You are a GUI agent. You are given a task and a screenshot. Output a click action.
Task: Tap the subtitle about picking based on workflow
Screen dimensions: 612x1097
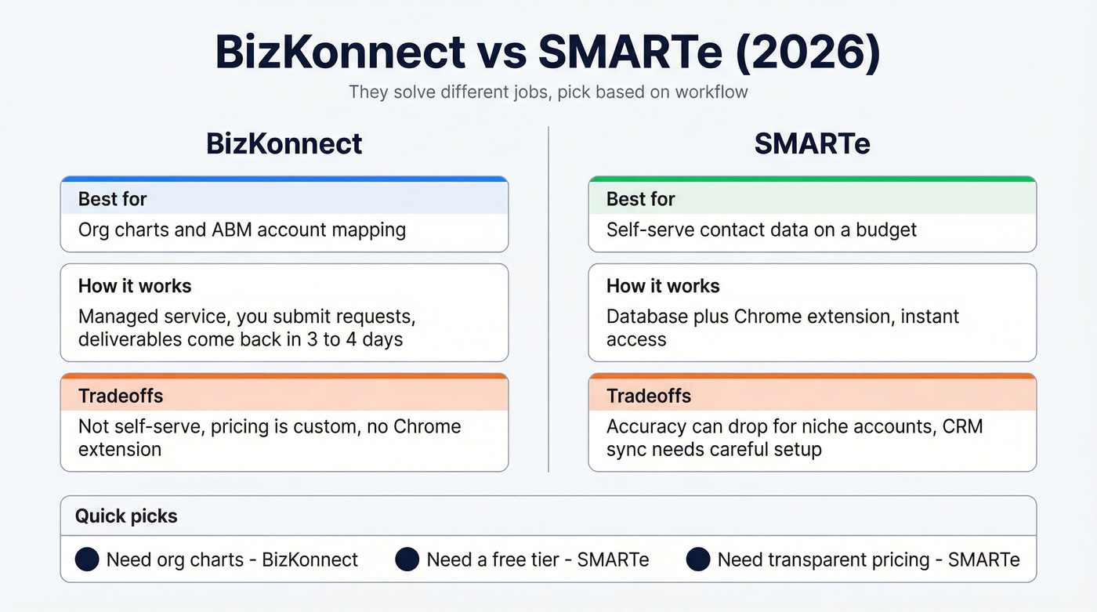[548, 92]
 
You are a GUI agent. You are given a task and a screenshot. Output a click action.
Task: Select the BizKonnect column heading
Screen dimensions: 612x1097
[284, 143]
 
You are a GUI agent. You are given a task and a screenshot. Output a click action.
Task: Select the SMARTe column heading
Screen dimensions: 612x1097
[812, 143]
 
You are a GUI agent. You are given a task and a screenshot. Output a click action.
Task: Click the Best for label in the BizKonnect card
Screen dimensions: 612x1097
[112, 199]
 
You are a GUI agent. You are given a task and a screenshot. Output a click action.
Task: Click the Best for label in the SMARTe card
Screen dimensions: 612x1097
[640, 199]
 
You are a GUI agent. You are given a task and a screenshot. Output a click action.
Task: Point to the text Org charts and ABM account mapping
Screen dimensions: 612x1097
[242, 230]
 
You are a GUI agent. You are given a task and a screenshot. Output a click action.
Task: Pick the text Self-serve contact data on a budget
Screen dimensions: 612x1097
[761, 230]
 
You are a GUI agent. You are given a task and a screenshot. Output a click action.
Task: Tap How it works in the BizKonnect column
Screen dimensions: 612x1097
[135, 286]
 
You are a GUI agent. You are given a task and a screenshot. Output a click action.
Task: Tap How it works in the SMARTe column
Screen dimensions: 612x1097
[663, 286]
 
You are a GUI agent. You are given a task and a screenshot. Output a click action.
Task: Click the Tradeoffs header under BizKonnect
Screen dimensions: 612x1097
[121, 396]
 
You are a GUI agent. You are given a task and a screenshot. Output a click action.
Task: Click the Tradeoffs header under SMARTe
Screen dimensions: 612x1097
[649, 396]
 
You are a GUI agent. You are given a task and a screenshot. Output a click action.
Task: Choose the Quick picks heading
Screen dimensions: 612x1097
[126, 516]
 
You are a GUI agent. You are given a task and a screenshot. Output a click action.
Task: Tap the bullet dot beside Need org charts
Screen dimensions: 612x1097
[87, 559]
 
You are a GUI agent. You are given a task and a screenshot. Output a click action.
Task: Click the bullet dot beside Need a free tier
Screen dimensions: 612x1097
[407, 559]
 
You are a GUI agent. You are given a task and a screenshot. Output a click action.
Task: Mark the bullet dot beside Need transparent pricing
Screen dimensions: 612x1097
[698, 559]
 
